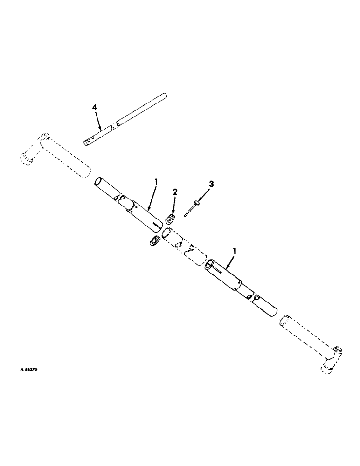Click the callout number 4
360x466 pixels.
coord(95,107)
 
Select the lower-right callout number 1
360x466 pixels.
coord(235,251)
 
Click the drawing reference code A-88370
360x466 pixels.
coord(29,369)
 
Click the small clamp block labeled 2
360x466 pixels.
coord(171,219)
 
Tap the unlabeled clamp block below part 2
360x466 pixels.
coord(154,241)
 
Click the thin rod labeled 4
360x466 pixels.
coord(126,119)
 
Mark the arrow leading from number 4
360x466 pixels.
coord(99,122)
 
